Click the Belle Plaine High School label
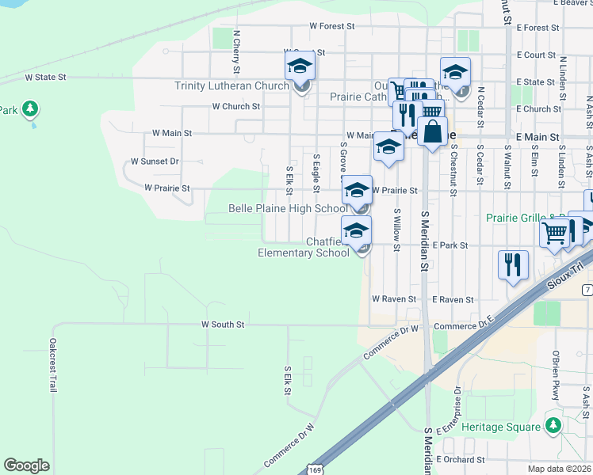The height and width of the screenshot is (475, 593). coord(287,208)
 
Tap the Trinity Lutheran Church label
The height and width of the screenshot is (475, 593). coord(231,85)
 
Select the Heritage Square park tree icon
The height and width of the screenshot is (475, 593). coord(554,426)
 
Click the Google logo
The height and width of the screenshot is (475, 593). coord(26,465)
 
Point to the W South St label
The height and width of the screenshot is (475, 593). coord(223,325)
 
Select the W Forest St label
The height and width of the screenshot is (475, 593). coord(331,26)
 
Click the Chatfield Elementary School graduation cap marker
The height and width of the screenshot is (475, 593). coord(357,231)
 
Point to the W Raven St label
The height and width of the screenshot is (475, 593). coord(394,299)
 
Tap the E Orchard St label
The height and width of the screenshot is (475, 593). coord(459,459)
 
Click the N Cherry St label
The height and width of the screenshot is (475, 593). coord(236,47)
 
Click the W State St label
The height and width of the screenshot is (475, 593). coord(45,78)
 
